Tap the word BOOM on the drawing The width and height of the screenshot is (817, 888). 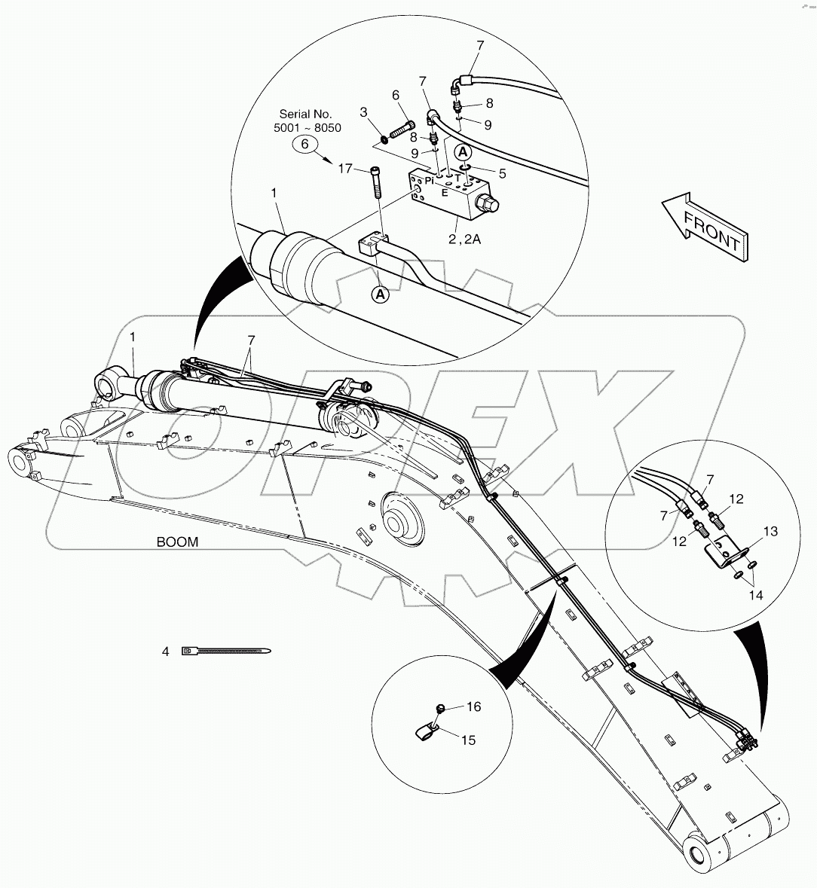(177, 542)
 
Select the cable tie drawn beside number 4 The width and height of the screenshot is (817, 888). (226, 651)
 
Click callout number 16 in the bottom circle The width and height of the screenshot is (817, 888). (473, 706)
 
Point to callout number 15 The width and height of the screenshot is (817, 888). (468, 740)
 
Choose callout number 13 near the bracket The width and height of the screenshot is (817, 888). (770, 532)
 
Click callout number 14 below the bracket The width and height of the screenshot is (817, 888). (756, 595)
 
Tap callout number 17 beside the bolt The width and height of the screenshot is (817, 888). (344, 169)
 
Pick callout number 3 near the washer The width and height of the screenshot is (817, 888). (363, 111)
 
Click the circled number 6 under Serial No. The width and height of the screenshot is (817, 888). (305, 145)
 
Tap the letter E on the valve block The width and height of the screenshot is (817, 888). (444, 192)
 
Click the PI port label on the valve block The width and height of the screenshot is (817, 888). (430, 181)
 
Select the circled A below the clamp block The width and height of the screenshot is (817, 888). (381, 294)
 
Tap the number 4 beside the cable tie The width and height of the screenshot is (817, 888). (165, 651)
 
